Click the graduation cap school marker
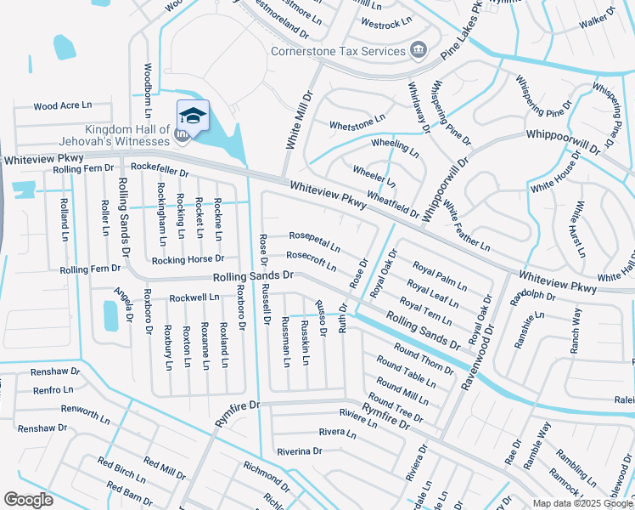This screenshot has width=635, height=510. click(193, 116)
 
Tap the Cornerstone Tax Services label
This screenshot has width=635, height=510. click(338, 51)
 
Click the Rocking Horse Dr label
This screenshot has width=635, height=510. click(188, 258)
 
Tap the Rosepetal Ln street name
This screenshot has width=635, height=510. click(314, 241)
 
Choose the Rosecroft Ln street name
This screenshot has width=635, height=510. click(312, 260)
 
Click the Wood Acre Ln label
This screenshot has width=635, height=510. click(62, 106)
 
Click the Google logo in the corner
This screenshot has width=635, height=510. click(29, 500)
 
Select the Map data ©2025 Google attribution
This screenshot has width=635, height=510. click(582, 503)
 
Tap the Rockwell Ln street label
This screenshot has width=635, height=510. click(194, 297)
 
